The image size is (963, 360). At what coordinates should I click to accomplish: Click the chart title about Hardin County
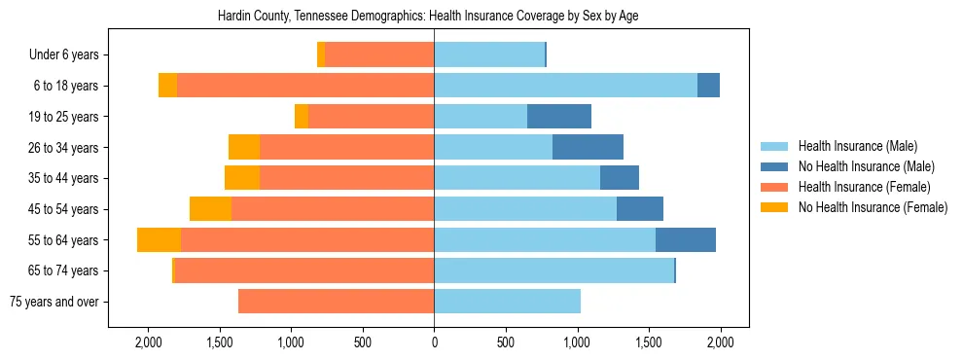[434, 17]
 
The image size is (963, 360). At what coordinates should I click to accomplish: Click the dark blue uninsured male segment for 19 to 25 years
[559, 116]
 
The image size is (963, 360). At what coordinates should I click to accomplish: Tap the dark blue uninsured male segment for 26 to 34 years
[588, 147]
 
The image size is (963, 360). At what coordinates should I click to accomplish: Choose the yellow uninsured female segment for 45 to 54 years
[210, 209]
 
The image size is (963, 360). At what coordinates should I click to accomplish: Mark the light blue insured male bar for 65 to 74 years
[553, 270]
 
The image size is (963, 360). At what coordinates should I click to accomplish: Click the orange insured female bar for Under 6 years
[379, 55]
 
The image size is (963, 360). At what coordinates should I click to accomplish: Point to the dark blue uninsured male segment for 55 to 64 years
[686, 240]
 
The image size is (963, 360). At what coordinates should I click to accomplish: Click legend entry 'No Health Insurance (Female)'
[873, 207]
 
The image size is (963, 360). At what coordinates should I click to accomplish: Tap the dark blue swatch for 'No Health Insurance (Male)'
[774, 166]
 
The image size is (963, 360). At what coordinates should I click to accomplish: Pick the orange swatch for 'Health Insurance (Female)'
[774, 187]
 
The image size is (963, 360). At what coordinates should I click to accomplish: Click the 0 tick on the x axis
[434, 342]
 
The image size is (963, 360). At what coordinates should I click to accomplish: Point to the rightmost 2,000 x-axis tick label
[720, 342]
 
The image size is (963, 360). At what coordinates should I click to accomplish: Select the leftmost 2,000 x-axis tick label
[148, 342]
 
